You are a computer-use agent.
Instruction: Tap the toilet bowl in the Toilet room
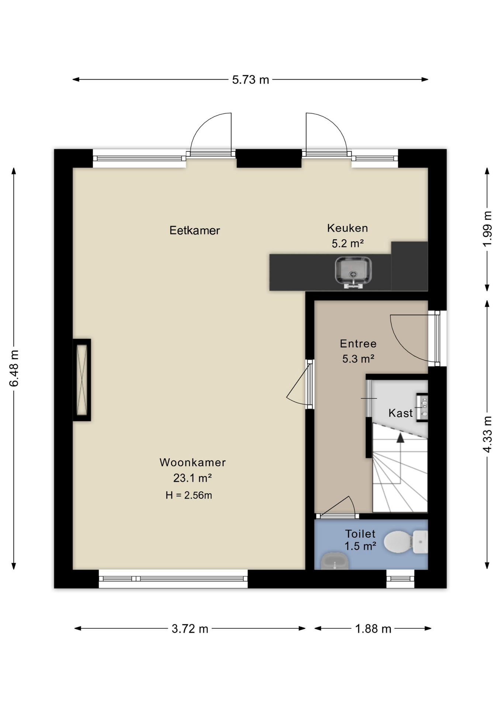pyautogui.click(x=398, y=542)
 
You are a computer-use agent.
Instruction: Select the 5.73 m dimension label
pyautogui.click(x=251, y=80)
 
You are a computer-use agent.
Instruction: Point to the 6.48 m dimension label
pyautogui.click(x=14, y=368)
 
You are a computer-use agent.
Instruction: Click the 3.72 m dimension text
pyautogui.click(x=190, y=629)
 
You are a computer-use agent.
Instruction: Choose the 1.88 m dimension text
pyautogui.click(x=373, y=629)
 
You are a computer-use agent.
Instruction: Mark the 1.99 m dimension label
pyautogui.click(x=487, y=229)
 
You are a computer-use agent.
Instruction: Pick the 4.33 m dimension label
pyautogui.click(x=487, y=434)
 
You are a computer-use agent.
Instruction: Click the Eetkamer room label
pyautogui.click(x=194, y=230)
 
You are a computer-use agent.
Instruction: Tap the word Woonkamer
pyautogui.click(x=193, y=462)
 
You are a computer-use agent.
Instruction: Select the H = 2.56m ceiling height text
pyautogui.click(x=189, y=495)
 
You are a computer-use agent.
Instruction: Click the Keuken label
pyautogui.click(x=348, y=228)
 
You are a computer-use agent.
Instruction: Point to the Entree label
pyautogui.click(x=358, y=344)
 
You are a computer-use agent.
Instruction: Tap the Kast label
pyautogui.click(x=400, y=413)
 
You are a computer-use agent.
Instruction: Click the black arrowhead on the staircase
pyautogui.click(x=400, y=438)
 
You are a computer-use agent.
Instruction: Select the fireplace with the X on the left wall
pyautogui.click(x=82, y=380)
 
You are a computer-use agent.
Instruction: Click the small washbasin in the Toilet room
pyautogui.click(x=335, y=561)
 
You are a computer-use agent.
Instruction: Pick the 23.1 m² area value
pyautogui.click(x=192, y=478)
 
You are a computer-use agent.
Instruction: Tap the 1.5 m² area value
pyautogui.click(x=360, y=546)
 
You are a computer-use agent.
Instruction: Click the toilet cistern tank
pyautogui.click(x=420, y=542)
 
